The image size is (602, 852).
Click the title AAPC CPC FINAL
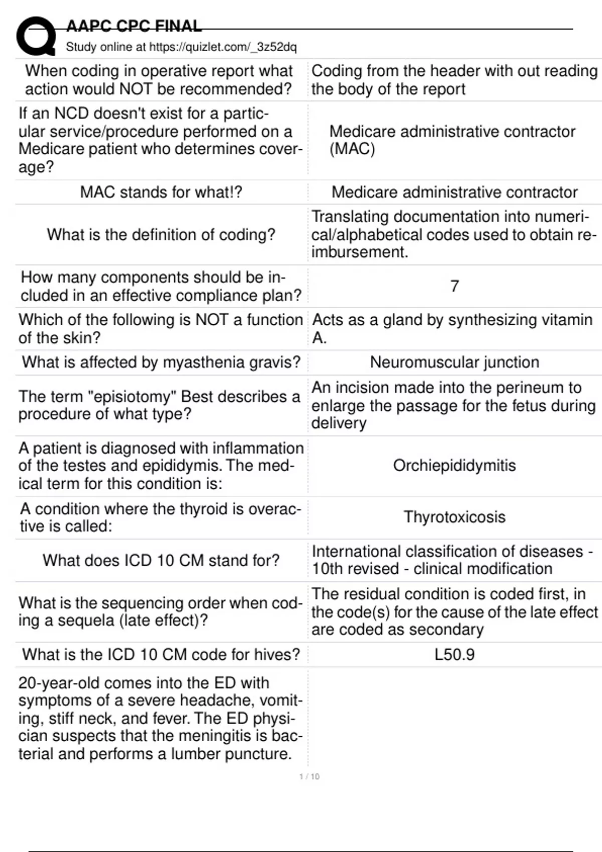pos(134,26)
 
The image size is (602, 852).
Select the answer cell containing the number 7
pos(455,286)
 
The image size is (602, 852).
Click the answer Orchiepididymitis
pos(455,466)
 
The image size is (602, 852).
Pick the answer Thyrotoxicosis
pos(455,517)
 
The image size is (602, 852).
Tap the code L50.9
pos(455,655)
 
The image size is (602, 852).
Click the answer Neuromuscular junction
pos(455,362)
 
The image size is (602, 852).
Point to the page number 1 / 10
pos(309,776)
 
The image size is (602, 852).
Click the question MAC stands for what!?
pos(161,192)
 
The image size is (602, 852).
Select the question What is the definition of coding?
pos(161,235)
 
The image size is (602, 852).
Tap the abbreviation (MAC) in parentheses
pos(352,149)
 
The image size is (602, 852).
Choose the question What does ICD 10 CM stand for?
pos(161,560)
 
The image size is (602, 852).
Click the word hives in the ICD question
pos(276,655)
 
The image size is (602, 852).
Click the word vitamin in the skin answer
pos(566,320)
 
